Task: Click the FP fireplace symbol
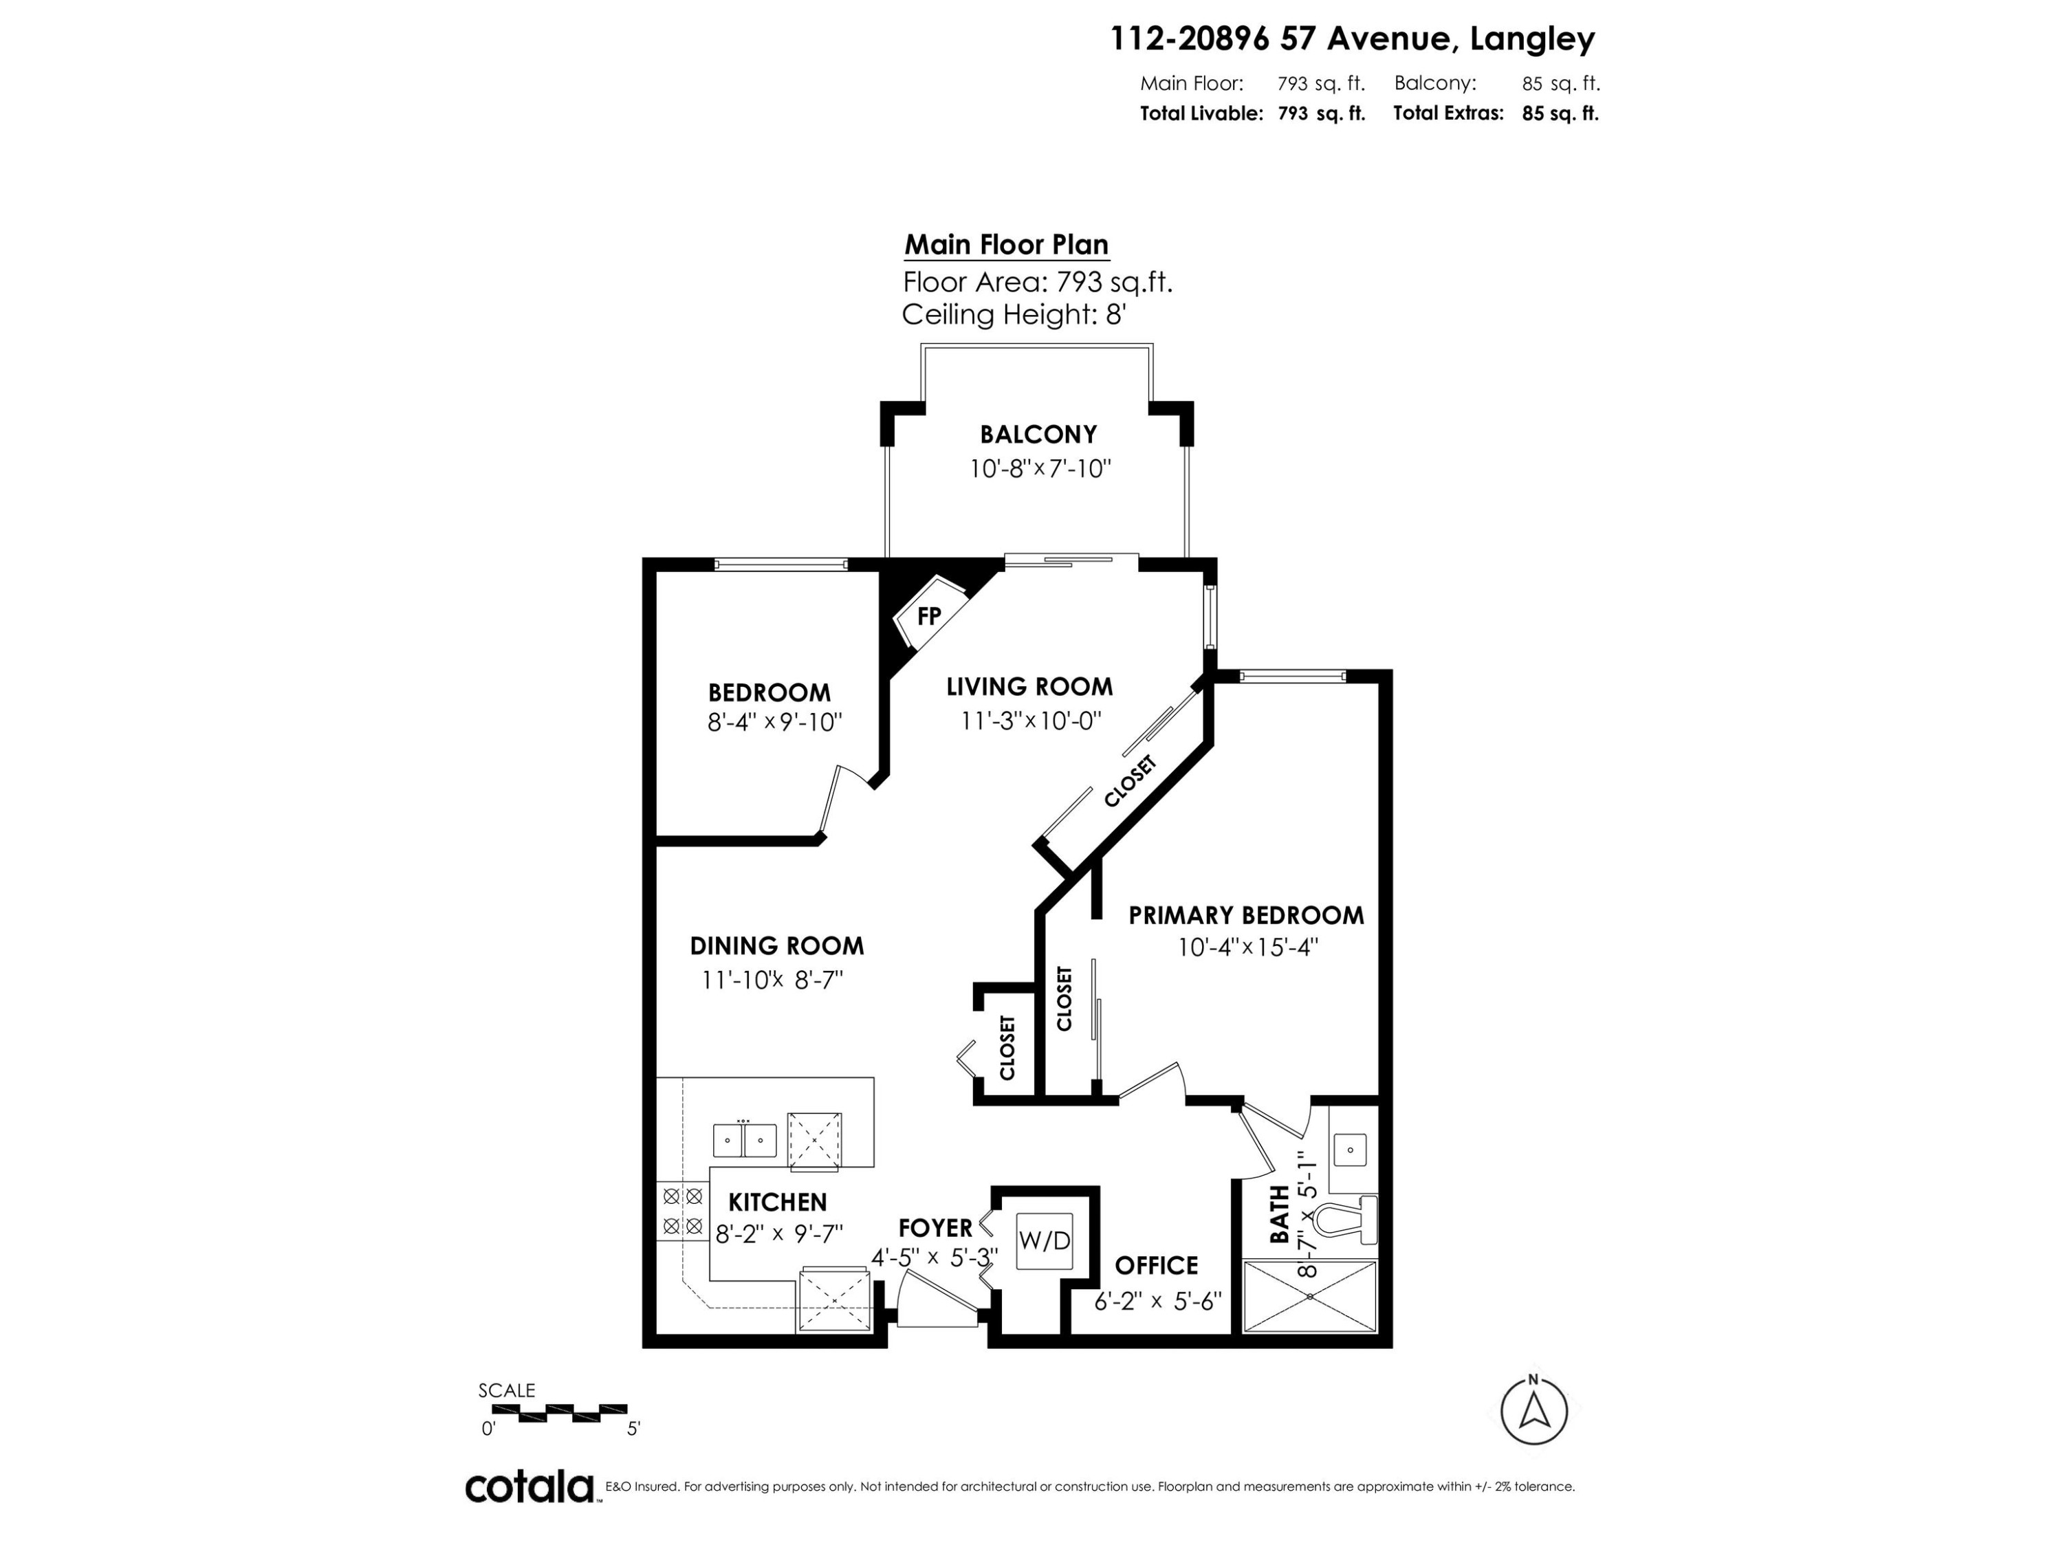[x=928, y=615]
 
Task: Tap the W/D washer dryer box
[x=1045, y=1240]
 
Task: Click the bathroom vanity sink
[x=1349, y=1150]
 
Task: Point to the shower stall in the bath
[x=1309, y=1296]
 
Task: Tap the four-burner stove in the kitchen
[x=681, y=1211]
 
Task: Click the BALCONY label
[x=1038, y=435]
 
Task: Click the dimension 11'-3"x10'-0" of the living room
[x=1031, y=721]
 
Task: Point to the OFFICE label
[x=1157, y=1265]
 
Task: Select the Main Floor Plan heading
[x=1006, y=245]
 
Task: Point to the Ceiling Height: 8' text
[x=1014, y=315]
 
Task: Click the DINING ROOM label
[x=777, y=947]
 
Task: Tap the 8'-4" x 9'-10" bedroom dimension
[x=775, y=722]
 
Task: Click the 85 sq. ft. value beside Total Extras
[x=1560, y=113]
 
